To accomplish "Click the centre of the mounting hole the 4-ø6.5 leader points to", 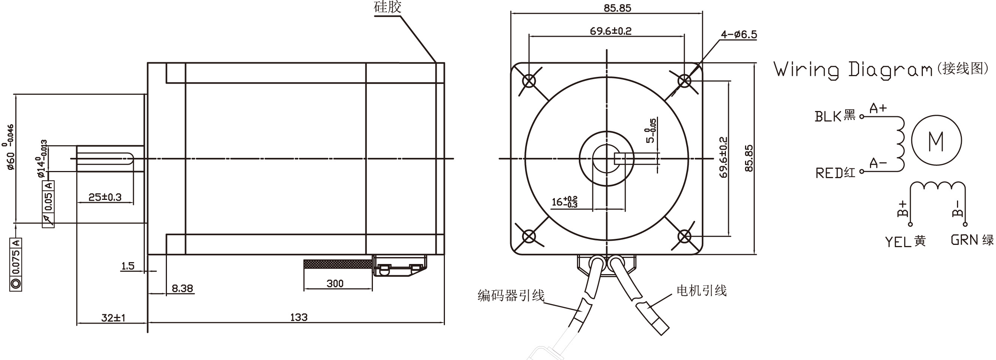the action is click(x=684, y=81).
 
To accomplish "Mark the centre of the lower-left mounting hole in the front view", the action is click(x=529, y=236).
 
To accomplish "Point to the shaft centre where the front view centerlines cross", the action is click(x=607, y=158).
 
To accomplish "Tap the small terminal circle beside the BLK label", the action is click(x=861, y=116).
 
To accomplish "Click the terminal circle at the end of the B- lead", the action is click(x=965, y=224).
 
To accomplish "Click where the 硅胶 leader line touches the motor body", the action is click(x=436, y=63).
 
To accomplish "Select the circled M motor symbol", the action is click(x=936, y=140).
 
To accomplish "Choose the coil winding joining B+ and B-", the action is click(x=937, y=186).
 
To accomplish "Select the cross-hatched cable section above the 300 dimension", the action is click(x=338, y=264).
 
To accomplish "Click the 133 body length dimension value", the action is click(x=299, y=317).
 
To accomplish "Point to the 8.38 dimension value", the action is click(x=182, y=288).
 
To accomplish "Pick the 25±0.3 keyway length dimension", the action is click(x=105, y=197).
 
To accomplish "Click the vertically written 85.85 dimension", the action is click(x=749, y=158).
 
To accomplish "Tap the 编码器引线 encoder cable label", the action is click(x=511, y=295).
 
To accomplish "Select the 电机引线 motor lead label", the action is click(x=702, y=290).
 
